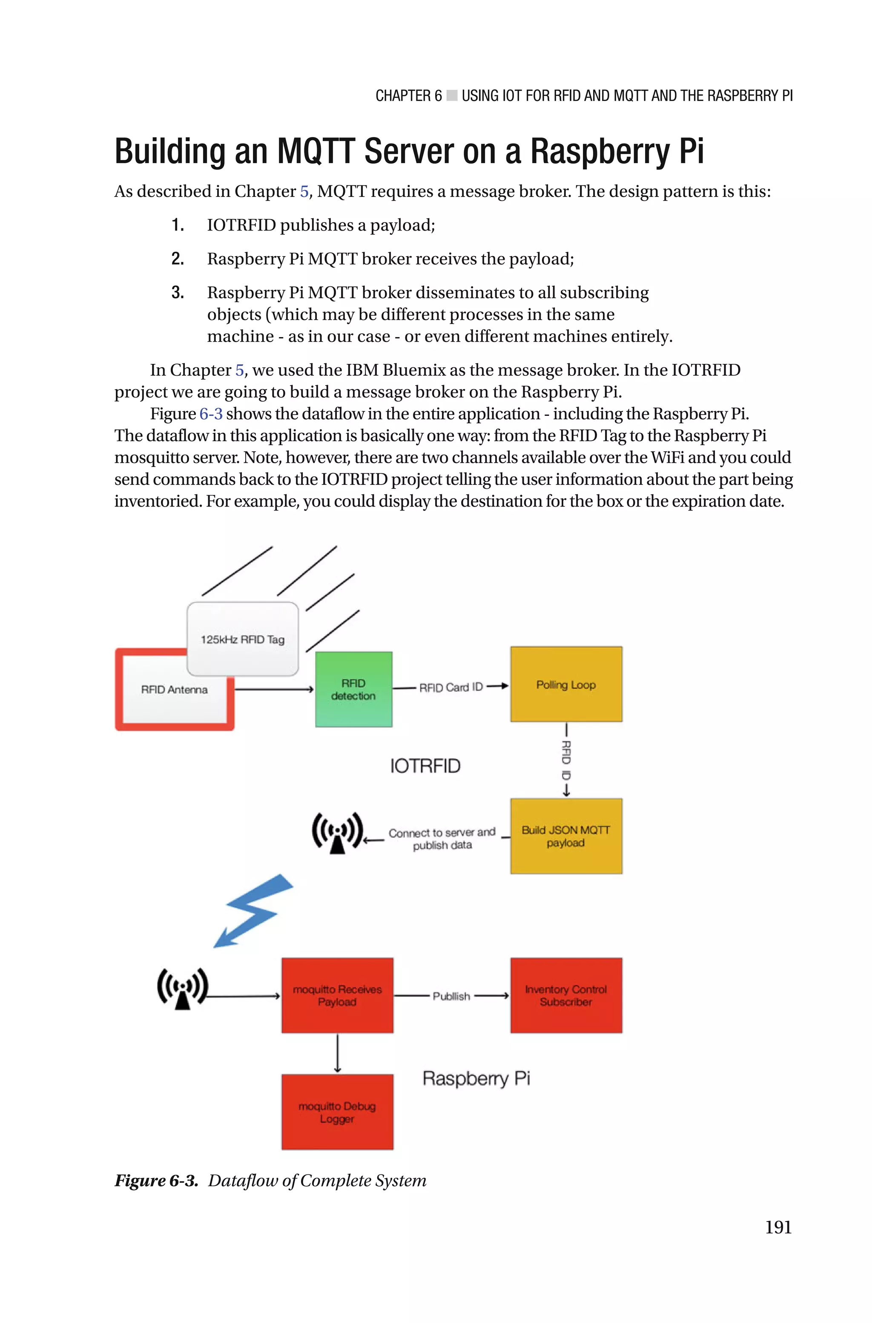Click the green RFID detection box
click(x=354, y=689)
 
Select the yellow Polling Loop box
click(x=566, y=684)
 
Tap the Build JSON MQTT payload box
click(x=566, y=836)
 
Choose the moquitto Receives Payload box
click(x=337, y=995)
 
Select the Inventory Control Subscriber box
click(x=566, y=995)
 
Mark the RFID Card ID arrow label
click(x=451, y=688)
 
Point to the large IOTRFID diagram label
click(x=425, y=766)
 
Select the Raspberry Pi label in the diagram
click(x=476, y=1078)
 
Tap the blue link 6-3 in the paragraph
click(x=211, y=414)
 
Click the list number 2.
click(x=178, y=259)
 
